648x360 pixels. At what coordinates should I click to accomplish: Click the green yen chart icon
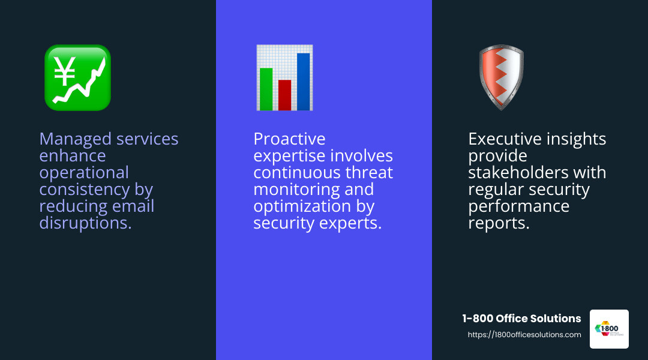pos(77,77)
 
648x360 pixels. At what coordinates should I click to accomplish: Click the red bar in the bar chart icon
pos(284,95)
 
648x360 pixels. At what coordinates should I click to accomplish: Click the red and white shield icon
pos(501,77)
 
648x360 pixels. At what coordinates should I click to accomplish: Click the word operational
pos(84,173)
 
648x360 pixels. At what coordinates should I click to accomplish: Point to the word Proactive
pos(289,139)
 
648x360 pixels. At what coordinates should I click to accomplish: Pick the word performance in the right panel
pos(518,206)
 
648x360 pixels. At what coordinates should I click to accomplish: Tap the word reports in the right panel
pos(499,223)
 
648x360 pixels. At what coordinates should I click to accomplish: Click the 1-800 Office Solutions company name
pos(521,319)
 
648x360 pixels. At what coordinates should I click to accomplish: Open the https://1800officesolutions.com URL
pos(524,335)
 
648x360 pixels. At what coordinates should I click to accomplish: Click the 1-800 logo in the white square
pos(609,329)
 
